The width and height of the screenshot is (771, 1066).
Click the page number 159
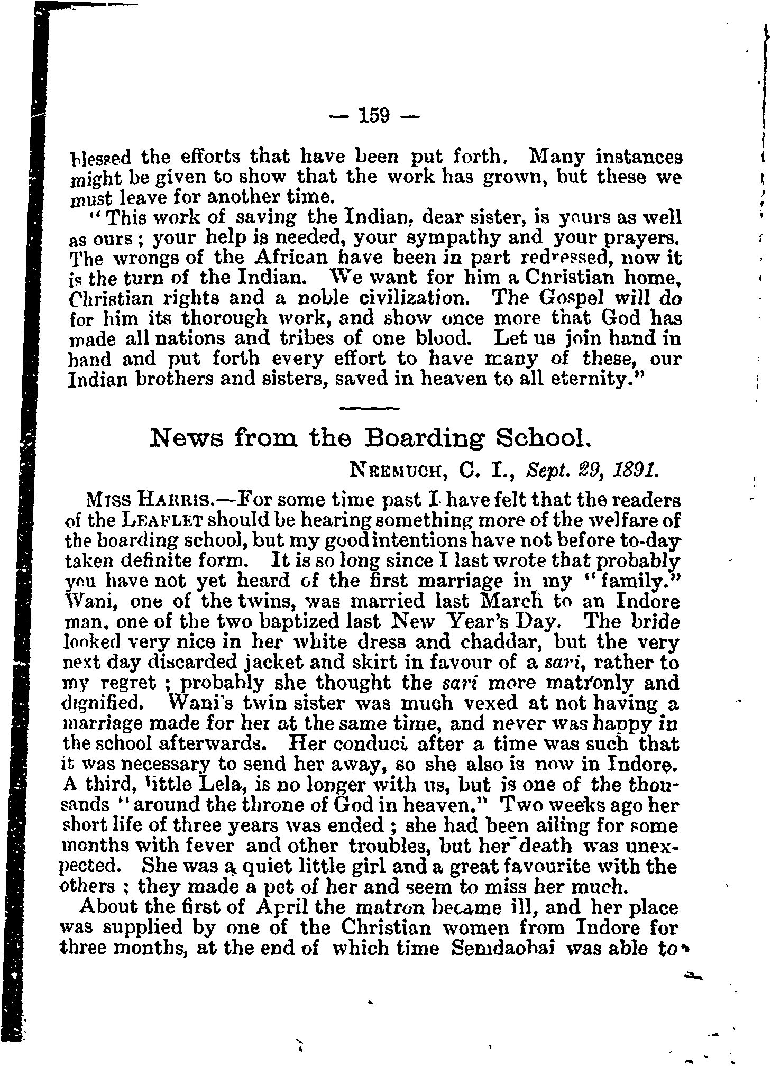tap(373, 114)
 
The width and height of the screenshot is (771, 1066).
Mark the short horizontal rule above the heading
tap(369, 408)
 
